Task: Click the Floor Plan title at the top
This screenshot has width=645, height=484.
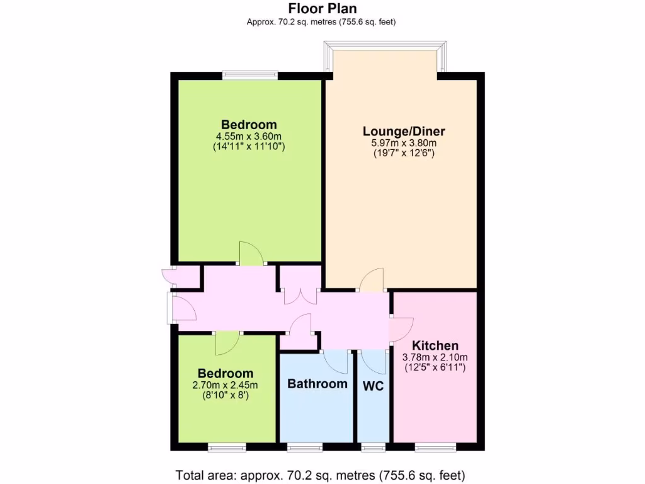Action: (322, 9)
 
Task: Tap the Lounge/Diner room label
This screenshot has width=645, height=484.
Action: (404, 132)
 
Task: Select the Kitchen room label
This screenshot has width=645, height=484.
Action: (435, 346)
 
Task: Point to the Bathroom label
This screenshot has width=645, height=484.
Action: (317, 384)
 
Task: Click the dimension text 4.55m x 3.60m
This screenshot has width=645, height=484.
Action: (249, 136)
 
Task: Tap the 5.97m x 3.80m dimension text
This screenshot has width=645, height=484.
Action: (404, 143)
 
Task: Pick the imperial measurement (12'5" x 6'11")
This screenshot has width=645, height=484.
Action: (435, 367)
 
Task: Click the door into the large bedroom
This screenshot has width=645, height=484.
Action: (251, 254)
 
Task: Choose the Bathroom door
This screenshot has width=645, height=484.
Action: (335, 361)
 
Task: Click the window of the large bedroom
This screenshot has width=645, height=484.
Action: (249, 75)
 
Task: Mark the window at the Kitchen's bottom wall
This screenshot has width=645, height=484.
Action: (435, 447)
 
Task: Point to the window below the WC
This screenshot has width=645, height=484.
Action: (374, 447)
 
